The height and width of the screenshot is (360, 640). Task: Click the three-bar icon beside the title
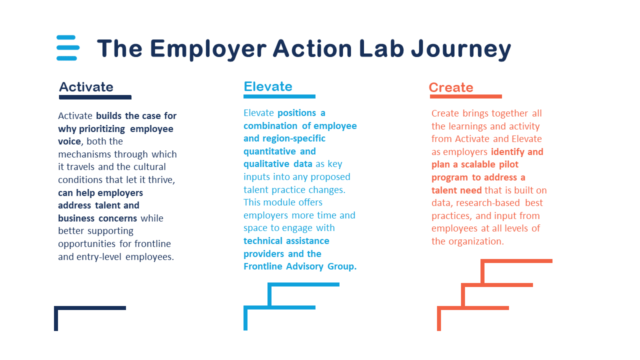point(68,47)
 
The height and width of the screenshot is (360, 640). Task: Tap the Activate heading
point(86,87)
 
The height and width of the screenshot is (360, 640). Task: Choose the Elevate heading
point(268,86)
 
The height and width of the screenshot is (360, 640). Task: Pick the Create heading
point(451,87)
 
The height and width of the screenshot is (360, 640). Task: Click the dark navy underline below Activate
point(95,97)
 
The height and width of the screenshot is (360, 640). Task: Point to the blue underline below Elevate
point(279,96)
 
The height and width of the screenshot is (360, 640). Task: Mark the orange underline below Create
point(466,96)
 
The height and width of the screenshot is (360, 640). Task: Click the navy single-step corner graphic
point(90,308)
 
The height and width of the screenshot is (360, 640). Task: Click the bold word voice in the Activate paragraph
point(69,141)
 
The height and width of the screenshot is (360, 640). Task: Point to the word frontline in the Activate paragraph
point(152,243)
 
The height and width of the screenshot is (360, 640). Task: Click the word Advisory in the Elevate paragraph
point(304,266)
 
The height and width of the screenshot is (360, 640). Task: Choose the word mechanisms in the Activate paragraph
point(84,154)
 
